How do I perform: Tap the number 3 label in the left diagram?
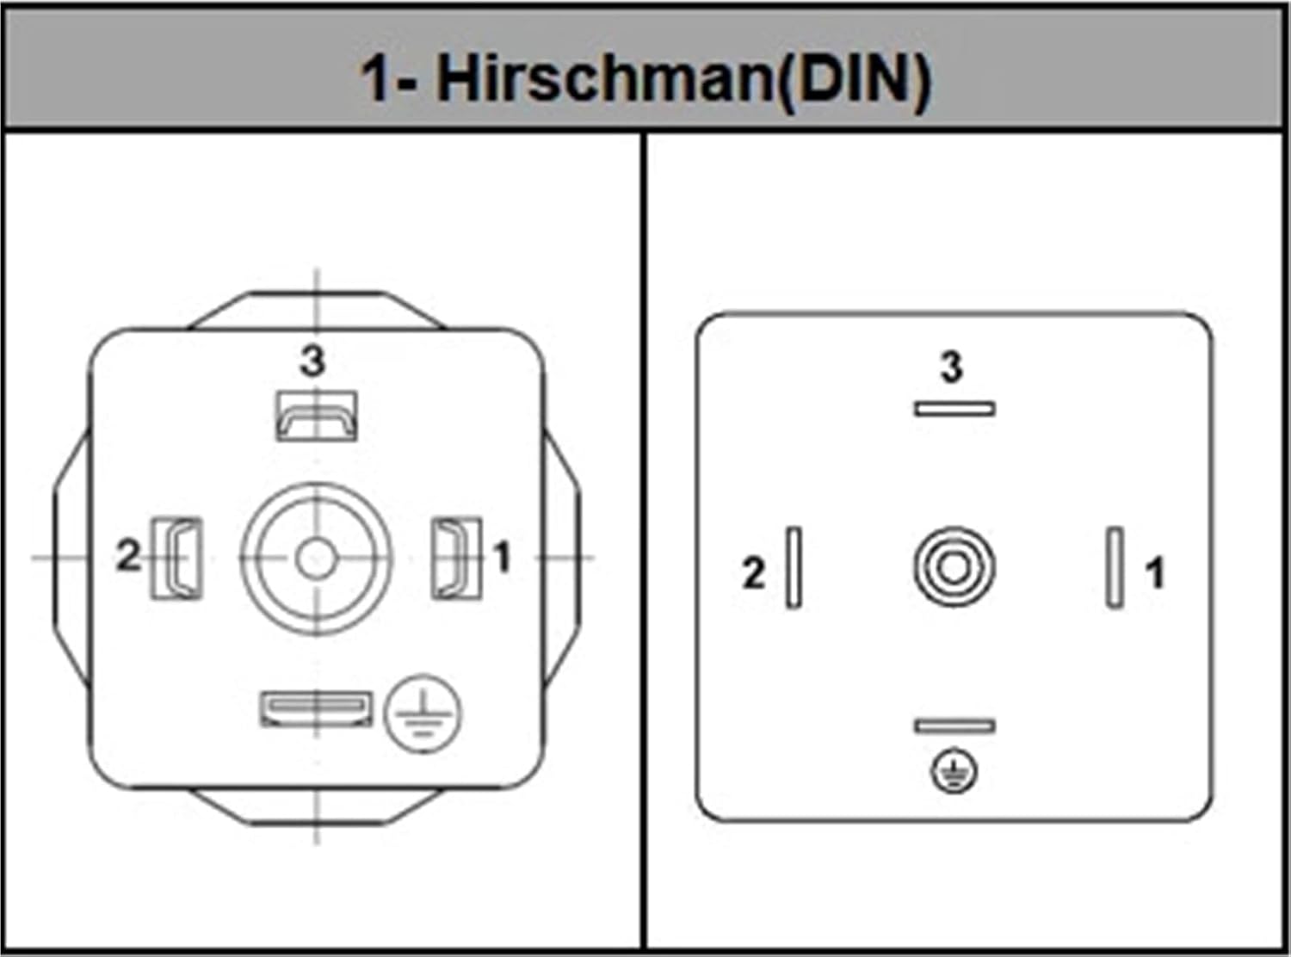pos(312,361)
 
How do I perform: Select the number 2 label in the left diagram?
pos(128,555)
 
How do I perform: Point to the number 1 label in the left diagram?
pos(502,557)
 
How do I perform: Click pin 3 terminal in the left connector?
pos(316,417)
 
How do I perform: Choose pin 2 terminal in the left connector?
pos(176,558)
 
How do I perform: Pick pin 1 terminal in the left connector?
pos(456,558)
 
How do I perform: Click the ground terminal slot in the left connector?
pos(316,709)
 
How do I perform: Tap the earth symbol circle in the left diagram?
pos(423,713)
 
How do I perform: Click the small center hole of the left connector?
pos(316,559)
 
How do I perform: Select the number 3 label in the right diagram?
pos(952,367)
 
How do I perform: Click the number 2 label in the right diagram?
pos(754,573)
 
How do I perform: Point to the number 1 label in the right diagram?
pos(1154,573)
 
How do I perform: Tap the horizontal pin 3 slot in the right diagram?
pos(954,410)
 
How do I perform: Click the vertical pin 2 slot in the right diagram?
pos(794,567)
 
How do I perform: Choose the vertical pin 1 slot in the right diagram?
pos(1115,567)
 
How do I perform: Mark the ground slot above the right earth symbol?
pos(954,725)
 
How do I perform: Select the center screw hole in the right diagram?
pos(954,567)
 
